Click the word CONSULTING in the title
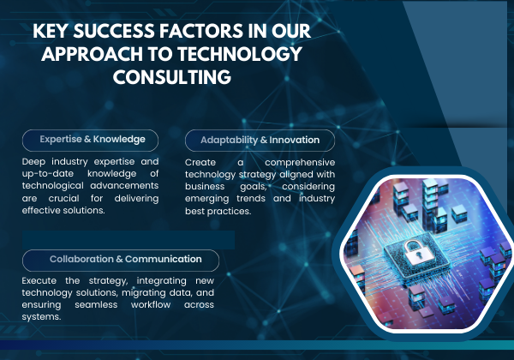172,77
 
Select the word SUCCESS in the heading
114,31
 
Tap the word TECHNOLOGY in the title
240,54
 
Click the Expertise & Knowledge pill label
90,141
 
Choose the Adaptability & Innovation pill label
260,141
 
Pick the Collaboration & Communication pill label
121,261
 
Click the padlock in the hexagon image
416,252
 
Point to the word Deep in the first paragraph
33,162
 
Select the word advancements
124,186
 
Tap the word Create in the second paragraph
200,163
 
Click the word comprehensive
300,163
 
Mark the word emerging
206,199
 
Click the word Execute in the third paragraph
39,280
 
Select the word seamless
96,305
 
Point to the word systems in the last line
41,317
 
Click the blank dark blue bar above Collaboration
128,240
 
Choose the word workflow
151,305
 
